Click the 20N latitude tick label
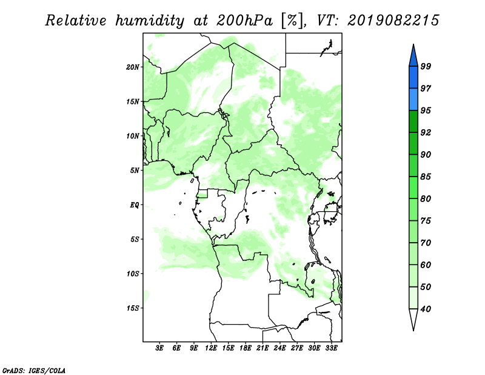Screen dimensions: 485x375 (133, 67)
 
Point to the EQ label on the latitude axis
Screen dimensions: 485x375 (135, 204)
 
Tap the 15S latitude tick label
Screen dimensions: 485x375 (133, 308)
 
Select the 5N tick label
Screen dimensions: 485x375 (135, 171)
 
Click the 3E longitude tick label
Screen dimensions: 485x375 (159, 348)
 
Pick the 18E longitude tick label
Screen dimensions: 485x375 (246, 348)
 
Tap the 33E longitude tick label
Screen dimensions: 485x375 (331, 348)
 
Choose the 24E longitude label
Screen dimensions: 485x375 (279, 348)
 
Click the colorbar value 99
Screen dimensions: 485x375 (426, 66)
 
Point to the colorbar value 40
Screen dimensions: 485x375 (426, 309)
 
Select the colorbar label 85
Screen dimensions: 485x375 (426, 177)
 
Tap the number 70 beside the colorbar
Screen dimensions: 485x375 (426, 243)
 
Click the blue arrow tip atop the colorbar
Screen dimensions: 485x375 (413, 44)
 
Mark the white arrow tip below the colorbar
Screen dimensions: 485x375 (413, 330)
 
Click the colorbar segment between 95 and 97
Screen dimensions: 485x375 (413, 100)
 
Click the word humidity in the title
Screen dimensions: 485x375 (150, 21)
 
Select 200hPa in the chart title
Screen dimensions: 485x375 (244, 21)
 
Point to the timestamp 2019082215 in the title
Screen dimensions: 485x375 (393, 21)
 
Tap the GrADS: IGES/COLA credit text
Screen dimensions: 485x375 (34, 371)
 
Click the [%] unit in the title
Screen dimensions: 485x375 (292, 21)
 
